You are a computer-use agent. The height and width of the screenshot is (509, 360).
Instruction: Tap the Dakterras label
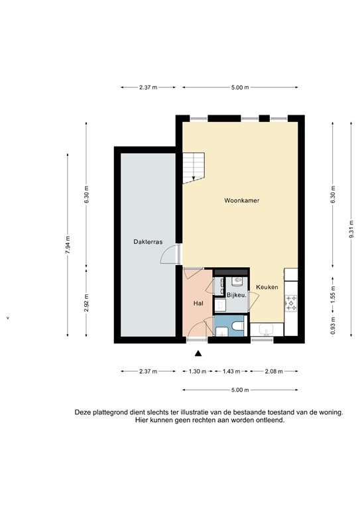coord(148,242)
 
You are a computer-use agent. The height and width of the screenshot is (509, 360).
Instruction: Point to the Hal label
coord(197,304)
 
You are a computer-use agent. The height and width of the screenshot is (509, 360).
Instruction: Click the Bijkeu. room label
coord(237,294)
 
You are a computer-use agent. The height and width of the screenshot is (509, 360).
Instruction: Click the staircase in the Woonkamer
coord(195,166)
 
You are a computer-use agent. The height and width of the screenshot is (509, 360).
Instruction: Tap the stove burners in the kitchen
coord(291,304)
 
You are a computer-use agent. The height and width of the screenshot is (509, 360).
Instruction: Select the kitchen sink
coord(267,329)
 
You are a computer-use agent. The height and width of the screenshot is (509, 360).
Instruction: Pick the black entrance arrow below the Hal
coord(197,357)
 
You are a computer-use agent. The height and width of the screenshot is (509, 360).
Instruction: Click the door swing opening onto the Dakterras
coord(172,254)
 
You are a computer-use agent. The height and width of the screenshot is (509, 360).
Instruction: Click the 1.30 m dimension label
coord(197,371)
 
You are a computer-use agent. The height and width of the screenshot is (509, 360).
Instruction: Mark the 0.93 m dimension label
coord(333,325)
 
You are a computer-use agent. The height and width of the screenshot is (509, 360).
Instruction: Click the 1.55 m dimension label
coord(333,292)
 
